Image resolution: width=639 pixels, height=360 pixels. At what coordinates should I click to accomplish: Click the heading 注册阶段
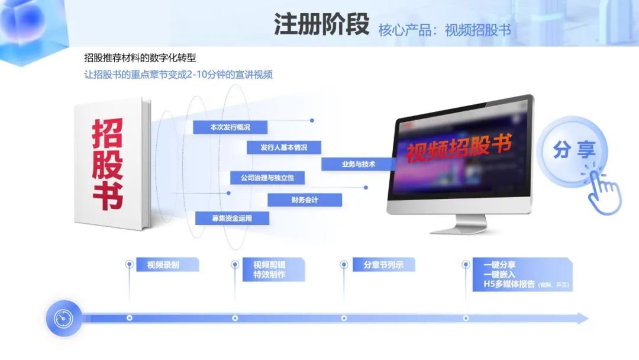coord(321,25)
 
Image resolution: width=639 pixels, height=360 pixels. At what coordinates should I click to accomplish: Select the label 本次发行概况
coord(230,127)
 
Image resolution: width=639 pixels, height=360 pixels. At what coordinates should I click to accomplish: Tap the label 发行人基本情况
coord(283,147)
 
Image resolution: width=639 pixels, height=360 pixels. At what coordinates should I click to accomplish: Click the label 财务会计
coord(305,200)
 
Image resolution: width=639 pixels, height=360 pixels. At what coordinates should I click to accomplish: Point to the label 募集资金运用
coord(232,218)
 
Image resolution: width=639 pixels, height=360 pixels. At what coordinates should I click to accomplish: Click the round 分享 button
coord(573,150)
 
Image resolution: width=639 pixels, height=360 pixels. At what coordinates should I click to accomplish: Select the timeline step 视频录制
coord(163,265)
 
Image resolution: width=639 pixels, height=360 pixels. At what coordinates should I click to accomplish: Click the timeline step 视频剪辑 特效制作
coord(269,270)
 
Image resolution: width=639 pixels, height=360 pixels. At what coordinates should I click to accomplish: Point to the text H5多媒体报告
coord(509,285)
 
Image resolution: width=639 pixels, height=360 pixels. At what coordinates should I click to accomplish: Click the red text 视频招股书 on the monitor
coord(459,147)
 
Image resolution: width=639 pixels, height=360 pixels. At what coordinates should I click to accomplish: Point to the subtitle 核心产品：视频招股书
coord(444,30)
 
